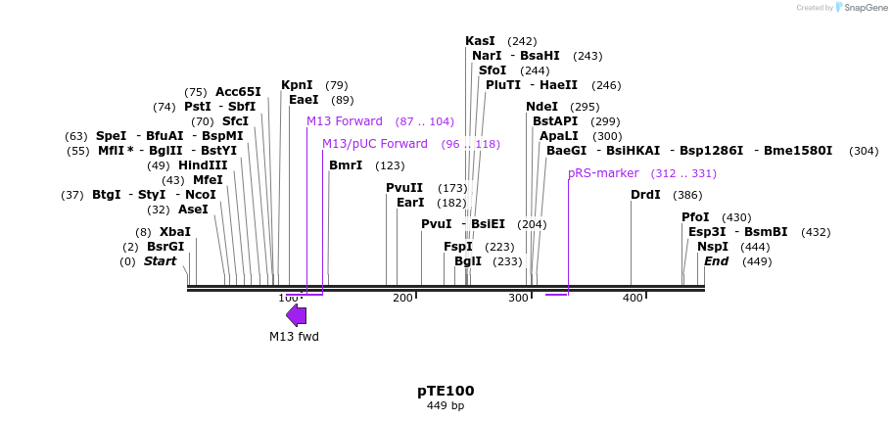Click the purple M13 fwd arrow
click(296, 314)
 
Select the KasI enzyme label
click(480, 41)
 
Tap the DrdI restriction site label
click(645, 195)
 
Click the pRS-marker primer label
click(603, 173)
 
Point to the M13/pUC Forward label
click(375, 144)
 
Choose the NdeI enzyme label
click(541, 107)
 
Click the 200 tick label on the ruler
click(402, 298)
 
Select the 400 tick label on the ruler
click(633, 298)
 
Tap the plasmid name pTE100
click(446, 390)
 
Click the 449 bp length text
click(446, 405)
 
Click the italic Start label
click(160, 261)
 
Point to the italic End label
click(716, 261)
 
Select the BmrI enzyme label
click(346, 165)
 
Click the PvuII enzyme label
click(404, 188)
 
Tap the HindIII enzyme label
click(203, 165)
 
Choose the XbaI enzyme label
click(175, 232)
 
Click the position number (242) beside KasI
click(522, 41)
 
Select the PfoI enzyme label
click(695, 217)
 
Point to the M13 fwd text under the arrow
click(294, 337)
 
